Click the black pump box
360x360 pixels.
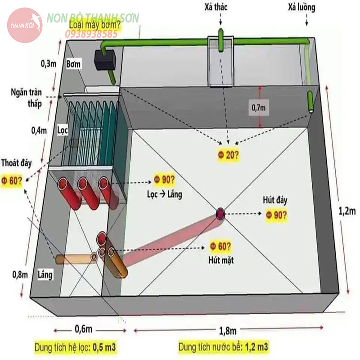(105, 60)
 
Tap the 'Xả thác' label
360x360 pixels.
(216, 7)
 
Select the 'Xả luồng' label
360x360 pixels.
(301, 7)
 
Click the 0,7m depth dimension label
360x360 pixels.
(259, 108)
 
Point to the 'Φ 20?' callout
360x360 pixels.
(228, 155)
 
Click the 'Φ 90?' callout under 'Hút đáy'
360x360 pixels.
(276, 215)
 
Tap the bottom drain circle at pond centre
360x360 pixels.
(220, 213)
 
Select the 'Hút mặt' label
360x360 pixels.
(221, 260)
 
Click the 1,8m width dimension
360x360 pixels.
(228, 331)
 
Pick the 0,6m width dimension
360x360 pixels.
(84, 329)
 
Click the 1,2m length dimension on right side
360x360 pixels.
(347, 211)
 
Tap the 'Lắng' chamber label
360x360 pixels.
(45, 274)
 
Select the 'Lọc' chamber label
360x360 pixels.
(63, 130)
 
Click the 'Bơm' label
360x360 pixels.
(73, 64)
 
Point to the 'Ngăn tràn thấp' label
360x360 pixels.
(27, 98)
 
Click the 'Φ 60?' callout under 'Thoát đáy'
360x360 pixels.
(12, 181)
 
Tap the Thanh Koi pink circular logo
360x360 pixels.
(25, 25)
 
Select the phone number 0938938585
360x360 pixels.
(91, 34)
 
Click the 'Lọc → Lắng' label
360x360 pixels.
(165, 194)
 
